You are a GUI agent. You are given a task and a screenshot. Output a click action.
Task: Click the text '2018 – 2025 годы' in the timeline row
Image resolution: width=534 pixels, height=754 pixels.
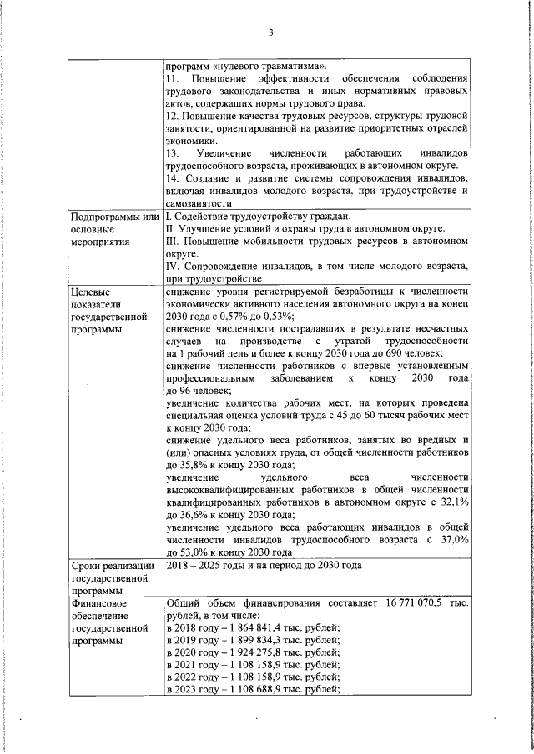tap(204, 566)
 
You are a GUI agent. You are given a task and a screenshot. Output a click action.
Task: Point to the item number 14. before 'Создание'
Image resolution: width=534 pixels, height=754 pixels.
tap(174, 178)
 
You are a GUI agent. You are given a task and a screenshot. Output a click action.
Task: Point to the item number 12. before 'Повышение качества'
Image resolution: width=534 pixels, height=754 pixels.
tap(174, 116)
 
